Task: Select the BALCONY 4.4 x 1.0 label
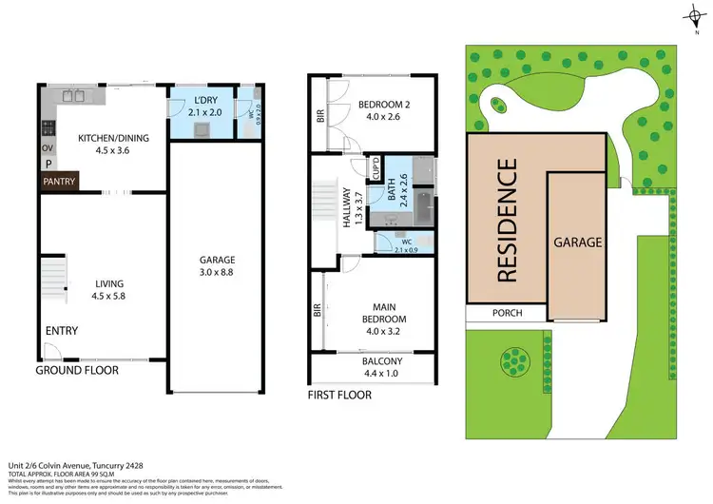point(382,367)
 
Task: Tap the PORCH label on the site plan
point(506,313)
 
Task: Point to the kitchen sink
point(74,96)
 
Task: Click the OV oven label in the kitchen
point(47,147)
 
